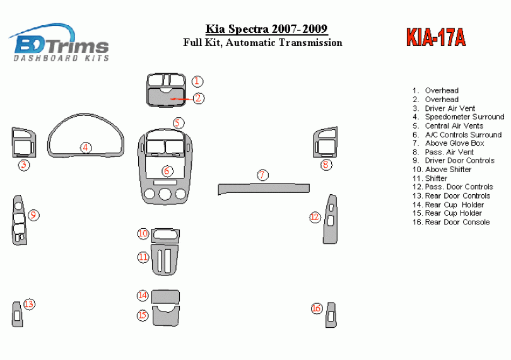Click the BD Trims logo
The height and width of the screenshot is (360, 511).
(61, 43)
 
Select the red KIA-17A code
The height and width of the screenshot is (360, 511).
(435, 38)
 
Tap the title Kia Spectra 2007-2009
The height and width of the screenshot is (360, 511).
(266, 29)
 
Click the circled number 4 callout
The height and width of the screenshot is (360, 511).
(85, 148)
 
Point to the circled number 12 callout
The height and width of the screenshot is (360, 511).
(315, 217)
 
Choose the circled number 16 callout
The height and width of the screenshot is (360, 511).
(316, 308)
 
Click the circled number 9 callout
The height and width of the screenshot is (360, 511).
(33, 215)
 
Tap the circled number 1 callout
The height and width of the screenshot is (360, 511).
(197, 81)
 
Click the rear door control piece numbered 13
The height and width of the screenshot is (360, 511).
(17, 315)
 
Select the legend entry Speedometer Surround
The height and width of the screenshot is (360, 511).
(464, 117)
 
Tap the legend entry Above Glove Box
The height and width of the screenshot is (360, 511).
(454, 143)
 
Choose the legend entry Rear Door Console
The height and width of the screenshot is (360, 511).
(457, 222)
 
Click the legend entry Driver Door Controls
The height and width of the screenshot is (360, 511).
(459, 161)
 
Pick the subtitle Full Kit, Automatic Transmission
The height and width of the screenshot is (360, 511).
(262, 43)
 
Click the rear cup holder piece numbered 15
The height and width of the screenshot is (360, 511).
(166, 314)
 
